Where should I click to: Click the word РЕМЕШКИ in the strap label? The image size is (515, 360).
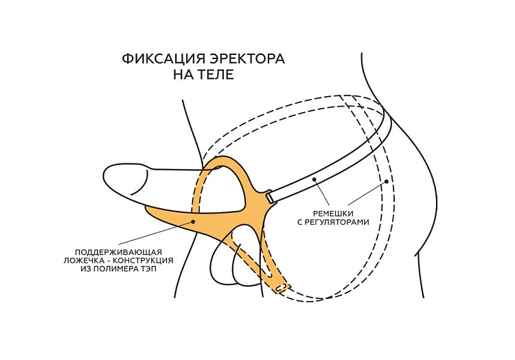point(334,213)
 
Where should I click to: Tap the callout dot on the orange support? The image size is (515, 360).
point(194,221)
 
